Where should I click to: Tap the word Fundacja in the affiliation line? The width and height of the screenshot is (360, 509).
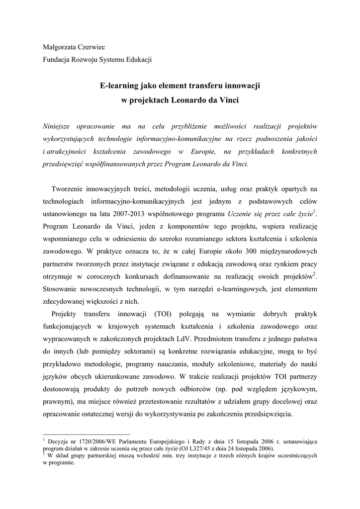57,60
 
